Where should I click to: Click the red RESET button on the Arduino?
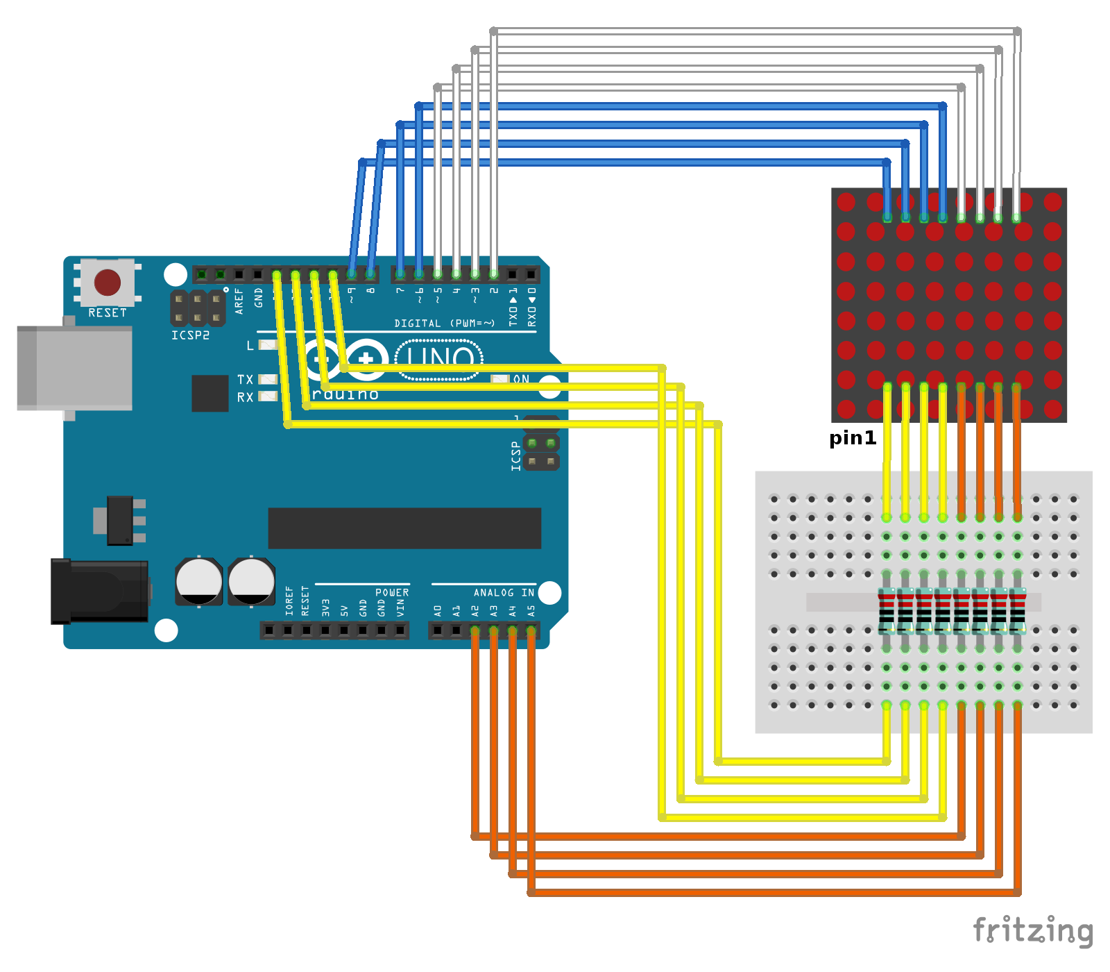[108, 283]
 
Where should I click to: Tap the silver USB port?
[75, 368]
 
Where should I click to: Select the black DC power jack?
[99, 592]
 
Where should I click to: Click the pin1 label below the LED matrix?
[853, 438]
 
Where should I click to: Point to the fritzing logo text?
[1032, 930]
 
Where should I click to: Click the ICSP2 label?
[190, 335]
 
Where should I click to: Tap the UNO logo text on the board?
[439, 358]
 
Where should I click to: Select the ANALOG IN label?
[504, 592]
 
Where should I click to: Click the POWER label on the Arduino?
[392, 592]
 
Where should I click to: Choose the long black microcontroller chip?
[404, 528]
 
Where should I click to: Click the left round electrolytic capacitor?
[198, 581]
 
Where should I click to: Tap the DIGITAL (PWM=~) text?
[444, 324]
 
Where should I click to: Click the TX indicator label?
[245, 380]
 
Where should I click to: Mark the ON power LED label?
[521, 379]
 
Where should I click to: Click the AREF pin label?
[239, 301]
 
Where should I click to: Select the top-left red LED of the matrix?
[846, 202]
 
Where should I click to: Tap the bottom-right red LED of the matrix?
[1053, 409]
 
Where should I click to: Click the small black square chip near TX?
[210, 393]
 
